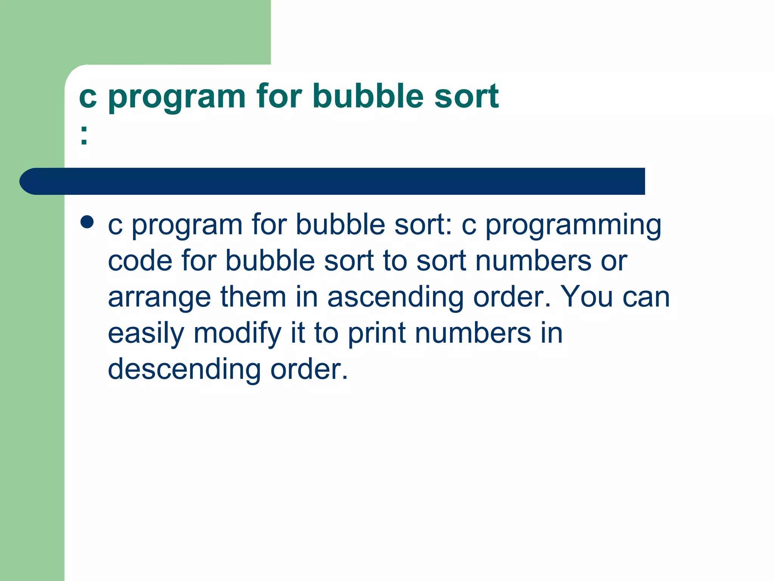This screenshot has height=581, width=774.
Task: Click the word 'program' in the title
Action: click(177, 98)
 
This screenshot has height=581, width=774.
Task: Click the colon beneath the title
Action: click(84, 135)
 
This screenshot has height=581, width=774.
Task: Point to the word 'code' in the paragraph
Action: click(140, 261)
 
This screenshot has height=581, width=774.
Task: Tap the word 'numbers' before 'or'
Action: click(533, 261)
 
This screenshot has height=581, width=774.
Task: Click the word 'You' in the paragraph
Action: click(586, 297)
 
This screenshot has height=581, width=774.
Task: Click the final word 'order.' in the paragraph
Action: click(309, 369)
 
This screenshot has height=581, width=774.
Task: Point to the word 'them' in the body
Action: click(253, 297)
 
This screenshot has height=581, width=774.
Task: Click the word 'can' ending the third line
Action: click(646, 297)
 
